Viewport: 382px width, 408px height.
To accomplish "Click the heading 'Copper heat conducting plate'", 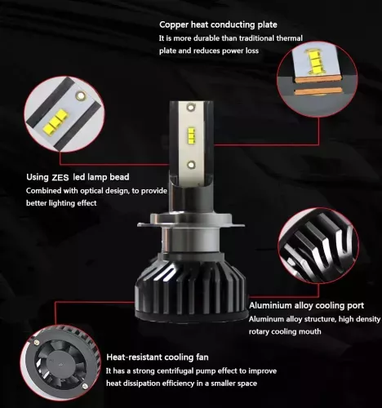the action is tap(218, 24).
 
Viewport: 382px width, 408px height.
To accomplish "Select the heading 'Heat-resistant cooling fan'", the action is tap(158, 357).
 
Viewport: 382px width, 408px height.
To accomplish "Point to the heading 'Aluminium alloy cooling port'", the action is tap(306, 306).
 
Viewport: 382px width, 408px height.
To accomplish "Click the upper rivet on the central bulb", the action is tap(191, 107).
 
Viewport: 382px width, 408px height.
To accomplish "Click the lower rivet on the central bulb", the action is tap(191, 164).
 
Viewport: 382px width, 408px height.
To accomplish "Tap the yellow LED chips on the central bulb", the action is tap(191, 135).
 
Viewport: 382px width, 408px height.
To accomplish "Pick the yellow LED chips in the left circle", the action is tap(55, 119).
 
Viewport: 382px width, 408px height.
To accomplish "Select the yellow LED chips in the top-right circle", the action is tap(316, 62).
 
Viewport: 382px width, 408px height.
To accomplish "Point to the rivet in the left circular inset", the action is tap(81, 95).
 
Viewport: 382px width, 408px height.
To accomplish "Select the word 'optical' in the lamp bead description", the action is tap(91, 191).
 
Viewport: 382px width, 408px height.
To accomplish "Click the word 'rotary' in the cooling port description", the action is tap(259, 331).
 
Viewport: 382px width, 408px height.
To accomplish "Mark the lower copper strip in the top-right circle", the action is tap(318, 91).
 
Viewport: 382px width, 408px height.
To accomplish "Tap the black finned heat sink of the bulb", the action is tap(190, 288).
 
